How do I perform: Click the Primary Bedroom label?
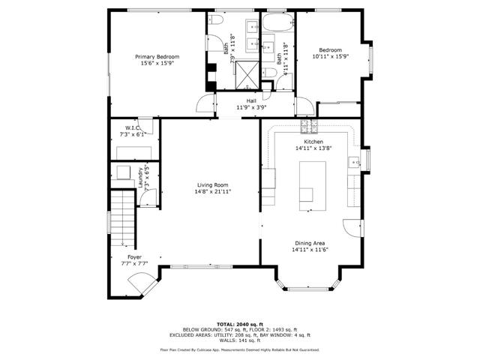[157, 56]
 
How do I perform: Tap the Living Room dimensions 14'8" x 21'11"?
[213, 191]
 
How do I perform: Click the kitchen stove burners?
[306, 124]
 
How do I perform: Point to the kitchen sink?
[352, 161]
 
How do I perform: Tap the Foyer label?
[134, 257]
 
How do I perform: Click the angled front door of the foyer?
[139, 283]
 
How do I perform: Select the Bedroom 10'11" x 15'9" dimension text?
[330, 56]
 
